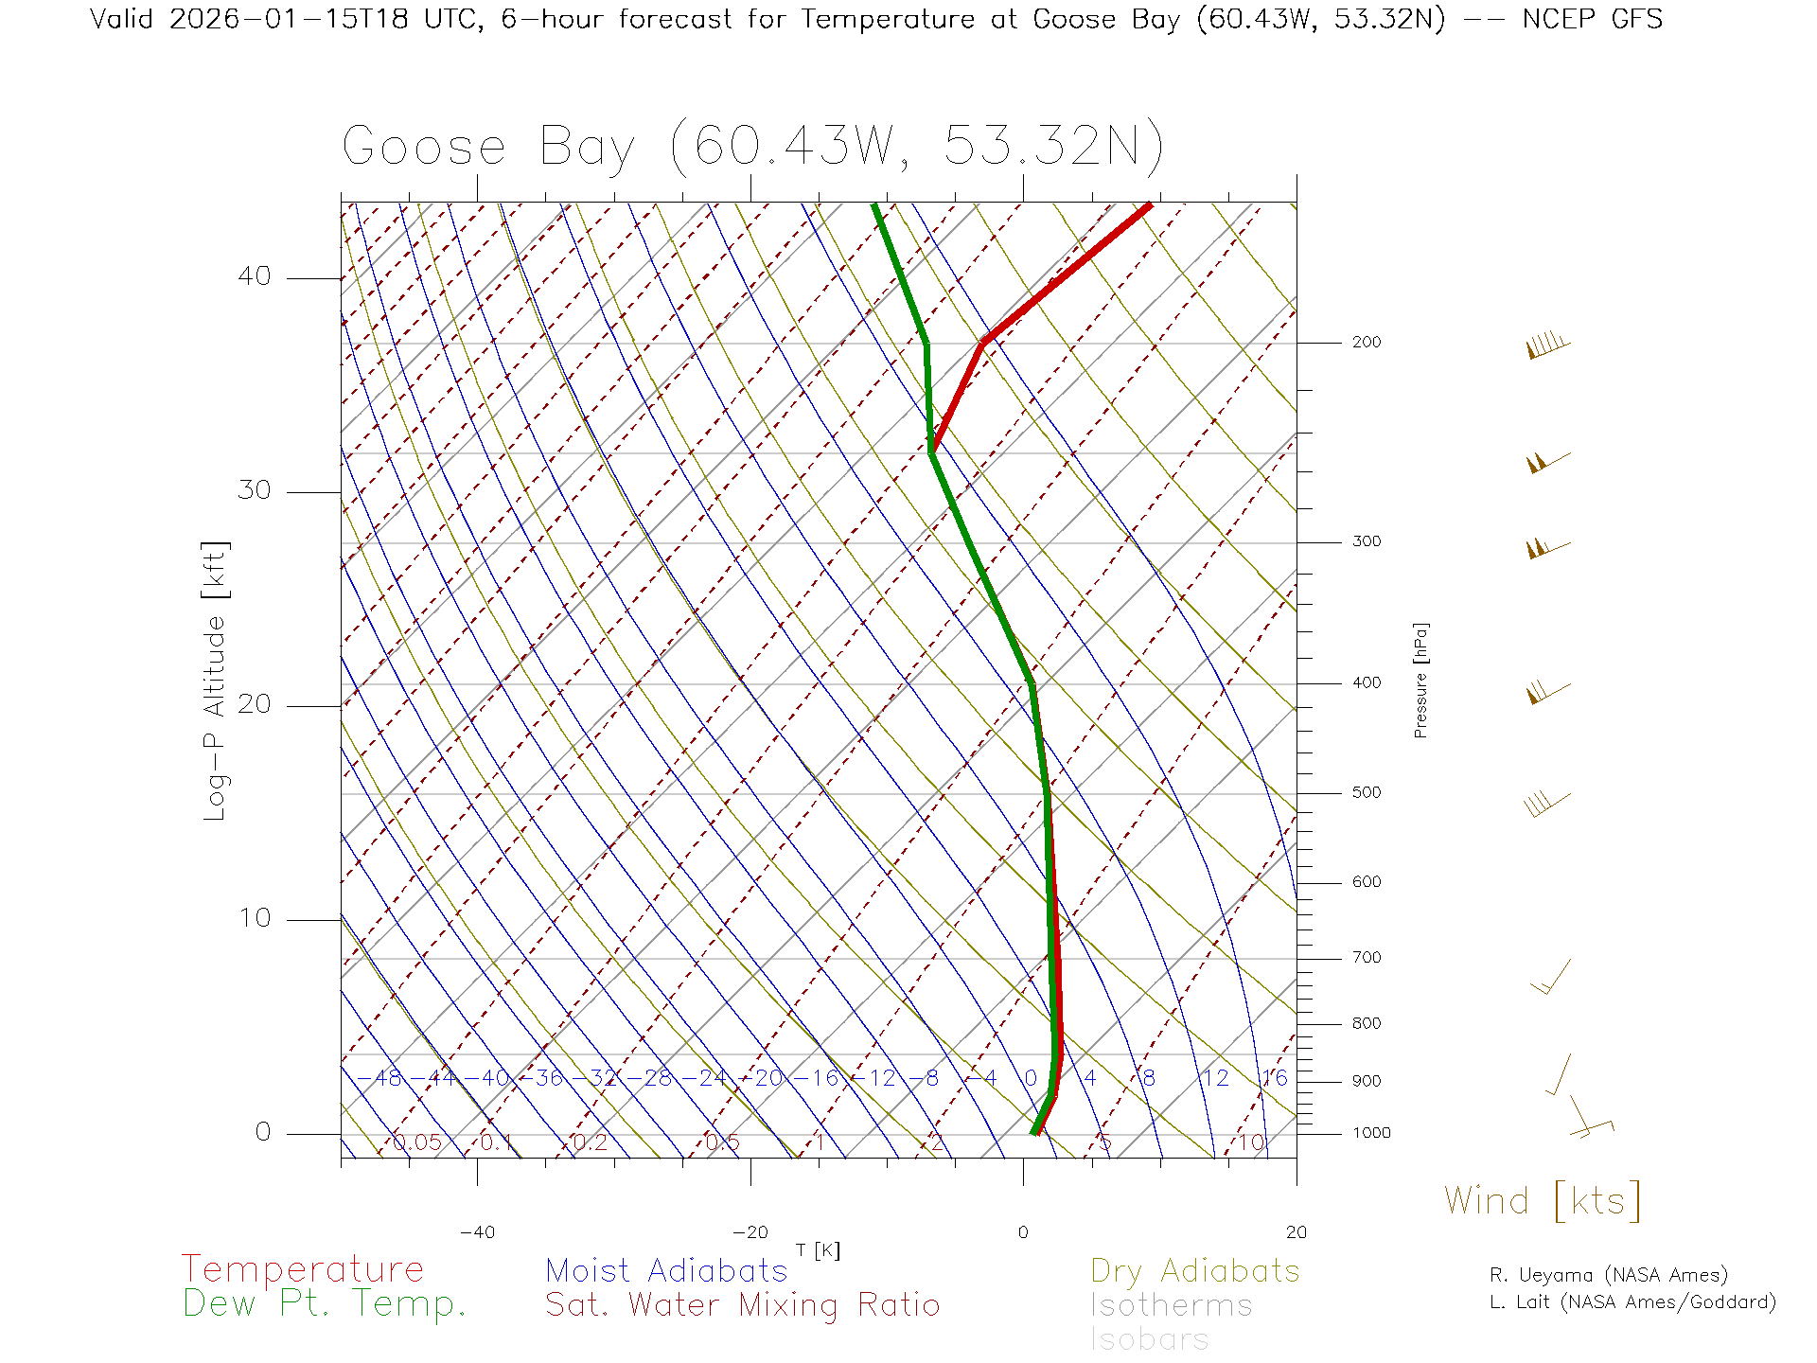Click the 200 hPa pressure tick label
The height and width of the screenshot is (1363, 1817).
(1367, 343)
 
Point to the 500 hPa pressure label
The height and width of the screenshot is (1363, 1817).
(1367, 793)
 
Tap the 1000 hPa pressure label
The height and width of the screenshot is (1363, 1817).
(1371, 1133)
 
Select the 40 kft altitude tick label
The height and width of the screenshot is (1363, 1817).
(254, 276)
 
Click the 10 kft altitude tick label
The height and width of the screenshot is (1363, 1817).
(254, 918)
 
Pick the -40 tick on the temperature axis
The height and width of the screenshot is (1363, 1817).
(477, 1232)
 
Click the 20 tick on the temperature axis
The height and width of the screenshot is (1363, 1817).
(1296, 1232)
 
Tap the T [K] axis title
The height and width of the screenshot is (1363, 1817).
(818, 1251)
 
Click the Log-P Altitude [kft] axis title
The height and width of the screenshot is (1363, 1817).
(216, 681)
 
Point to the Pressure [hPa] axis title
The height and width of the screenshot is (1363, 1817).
(1420, 680)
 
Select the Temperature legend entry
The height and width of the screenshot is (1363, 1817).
(303, 1269)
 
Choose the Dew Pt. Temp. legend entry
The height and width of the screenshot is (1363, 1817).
(325, 1304)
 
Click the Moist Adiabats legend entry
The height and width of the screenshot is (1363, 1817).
(667, 1270)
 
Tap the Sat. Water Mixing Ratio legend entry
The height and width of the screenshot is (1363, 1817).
(743, 1305)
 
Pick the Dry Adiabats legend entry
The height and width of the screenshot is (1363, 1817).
(1195, 1270)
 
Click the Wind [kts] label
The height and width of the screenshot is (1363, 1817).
(1543, 1201)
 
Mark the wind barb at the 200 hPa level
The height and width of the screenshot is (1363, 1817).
(1548, 345)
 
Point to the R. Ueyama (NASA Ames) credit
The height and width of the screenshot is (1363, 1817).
(1609, 1275)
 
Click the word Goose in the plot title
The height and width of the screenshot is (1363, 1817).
(424, 148)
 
